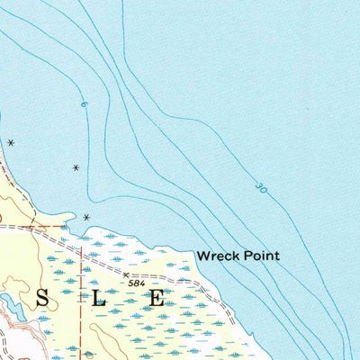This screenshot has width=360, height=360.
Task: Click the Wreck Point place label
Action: pyautogui.click(x=238, y=256)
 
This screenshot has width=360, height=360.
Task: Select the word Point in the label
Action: pyautogui.click(x=262, y=256)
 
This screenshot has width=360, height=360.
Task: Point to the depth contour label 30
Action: pyautogui.click(x=261, y=188)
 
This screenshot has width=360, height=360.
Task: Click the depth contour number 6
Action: pyautogui.click(x=84, y=105)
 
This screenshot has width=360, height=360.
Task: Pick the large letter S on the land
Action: pyautogui.click(x=41, y=299)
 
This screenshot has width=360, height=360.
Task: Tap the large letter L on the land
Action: pyautogui.click(x=99, y=299)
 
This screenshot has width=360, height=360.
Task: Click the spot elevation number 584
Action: pyautogui.click(x=137, y=283)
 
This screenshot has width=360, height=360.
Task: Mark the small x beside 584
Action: pyautogui.click(x=125, y=275)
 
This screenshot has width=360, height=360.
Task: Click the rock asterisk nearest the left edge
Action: pyautogui.click(x=11, y=143)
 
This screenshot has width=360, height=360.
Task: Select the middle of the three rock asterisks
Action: pyautogui.click(x=76, y=167)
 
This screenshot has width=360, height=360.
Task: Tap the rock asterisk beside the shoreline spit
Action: pyautogui.click(x=86, y=218)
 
